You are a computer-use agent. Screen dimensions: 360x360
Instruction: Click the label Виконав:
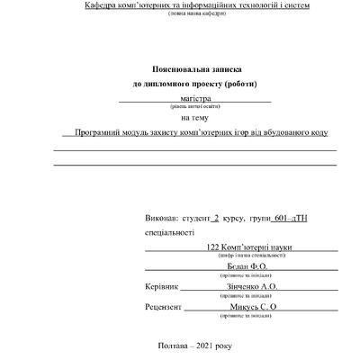click(x=160, y=219)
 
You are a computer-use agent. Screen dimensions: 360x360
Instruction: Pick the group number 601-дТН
click(x=290, y=219)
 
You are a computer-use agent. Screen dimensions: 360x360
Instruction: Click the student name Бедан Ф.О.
click(x=236, y=266)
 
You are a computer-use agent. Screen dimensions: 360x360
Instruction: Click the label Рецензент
click(x=163, y=307)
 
